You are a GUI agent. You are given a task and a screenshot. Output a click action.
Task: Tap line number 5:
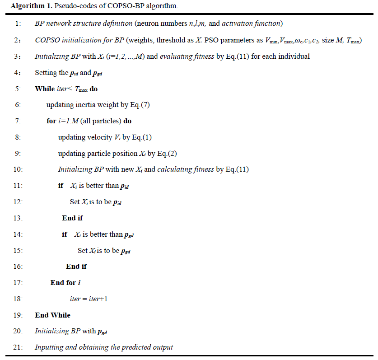point(18,89)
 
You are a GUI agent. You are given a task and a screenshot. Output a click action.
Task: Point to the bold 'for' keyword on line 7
point(51,121)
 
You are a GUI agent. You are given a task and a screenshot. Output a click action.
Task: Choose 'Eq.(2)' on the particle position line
point(167,154)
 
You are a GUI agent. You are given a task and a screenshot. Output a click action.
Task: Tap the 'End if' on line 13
point(72,218)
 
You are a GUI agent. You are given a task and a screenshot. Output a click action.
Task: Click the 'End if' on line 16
point(76,266)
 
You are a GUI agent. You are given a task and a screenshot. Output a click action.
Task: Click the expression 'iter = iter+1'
point(88,299)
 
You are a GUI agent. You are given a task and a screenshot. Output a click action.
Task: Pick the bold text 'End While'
point(53,315)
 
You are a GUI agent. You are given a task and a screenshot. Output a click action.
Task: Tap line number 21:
point(18,347)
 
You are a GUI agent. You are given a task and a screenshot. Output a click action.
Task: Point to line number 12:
point(18,202)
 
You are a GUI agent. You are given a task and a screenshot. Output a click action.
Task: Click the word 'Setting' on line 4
point(46,73)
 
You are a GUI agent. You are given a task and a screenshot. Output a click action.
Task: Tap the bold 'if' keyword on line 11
point(61,186)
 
